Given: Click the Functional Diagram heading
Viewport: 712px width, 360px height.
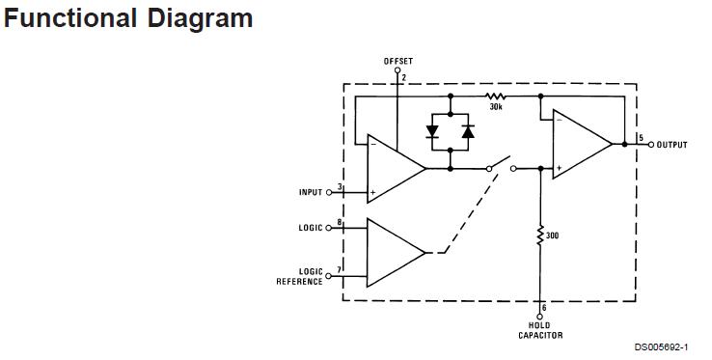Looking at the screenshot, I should (129, 18).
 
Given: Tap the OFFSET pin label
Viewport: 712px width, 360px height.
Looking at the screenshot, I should (397, 61).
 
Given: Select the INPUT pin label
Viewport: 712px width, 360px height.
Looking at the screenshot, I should (310, 192).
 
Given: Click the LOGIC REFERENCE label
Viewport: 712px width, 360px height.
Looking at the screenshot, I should (300, 277).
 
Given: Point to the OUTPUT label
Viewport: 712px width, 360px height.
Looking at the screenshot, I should (672, 145).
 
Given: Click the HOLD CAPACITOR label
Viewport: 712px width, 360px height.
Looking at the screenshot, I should (540, 331).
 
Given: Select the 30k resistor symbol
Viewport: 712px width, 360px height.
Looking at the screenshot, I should (496, 97).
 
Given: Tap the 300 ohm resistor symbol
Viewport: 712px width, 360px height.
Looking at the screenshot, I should (540, 235).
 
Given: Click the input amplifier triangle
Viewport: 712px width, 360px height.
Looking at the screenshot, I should (394, 169).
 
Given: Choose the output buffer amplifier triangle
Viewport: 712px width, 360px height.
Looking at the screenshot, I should (579, 145).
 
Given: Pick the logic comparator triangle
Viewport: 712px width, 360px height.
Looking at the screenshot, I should (394, 252).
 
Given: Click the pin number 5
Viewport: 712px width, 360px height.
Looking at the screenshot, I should (641, 138).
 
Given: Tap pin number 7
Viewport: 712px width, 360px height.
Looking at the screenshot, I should (339, 270).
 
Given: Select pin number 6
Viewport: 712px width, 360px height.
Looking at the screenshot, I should (545, 308).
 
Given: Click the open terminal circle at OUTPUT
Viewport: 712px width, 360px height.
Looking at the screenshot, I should (651, 145).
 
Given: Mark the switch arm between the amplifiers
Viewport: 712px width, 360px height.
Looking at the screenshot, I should (503, 161).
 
